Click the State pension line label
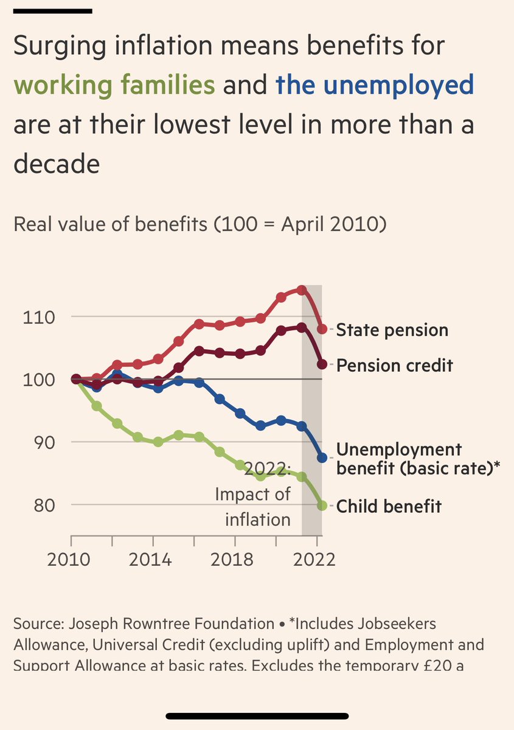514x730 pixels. pyautogui.click(x=392, y=330)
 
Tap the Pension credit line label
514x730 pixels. pyautogui.click(x=394, y=366)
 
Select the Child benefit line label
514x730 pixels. pyautogui.click(x=389, y=506)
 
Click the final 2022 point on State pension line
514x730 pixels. pyautogui.click(x=322, y=329)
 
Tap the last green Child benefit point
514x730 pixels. pyautogui.click(x=322, y=505)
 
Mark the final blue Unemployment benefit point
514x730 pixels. pyautogui.click(x=322, y=457)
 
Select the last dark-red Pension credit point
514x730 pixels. pyautogui.click(x=322, y=364)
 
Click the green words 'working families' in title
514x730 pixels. pyautogui.click(x=114, y=85)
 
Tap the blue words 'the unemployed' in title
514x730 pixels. pyautogui.click(x=374, y=85)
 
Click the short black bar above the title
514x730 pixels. pyautogui.click(x=52, y=10)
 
